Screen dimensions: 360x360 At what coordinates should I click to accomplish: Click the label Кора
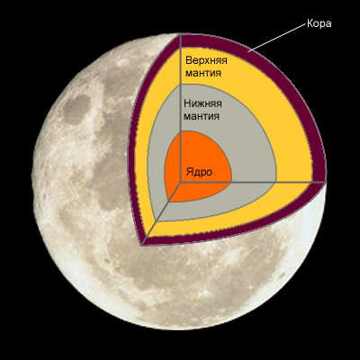click(x=319, y=23)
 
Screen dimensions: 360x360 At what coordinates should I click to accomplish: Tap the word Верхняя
click(x=206, y=60)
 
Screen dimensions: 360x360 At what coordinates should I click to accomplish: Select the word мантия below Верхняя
click(x=203, y=73)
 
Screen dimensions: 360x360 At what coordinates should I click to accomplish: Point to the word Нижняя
click(x=202, y=103)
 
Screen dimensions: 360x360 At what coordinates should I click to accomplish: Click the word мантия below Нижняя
click(x=202, y=116)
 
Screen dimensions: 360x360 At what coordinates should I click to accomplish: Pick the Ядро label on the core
click(x=199, y=172)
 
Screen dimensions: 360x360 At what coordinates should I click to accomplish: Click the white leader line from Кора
click(x=279, y=37)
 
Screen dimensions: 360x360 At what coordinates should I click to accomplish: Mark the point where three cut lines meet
click(x=180, y=182)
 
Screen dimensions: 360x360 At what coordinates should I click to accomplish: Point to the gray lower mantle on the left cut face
click(x=157, y=156)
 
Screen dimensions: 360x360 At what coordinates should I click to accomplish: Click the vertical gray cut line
click(x=180, y=108)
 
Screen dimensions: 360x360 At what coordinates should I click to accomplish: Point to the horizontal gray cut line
click(x=253, y=182)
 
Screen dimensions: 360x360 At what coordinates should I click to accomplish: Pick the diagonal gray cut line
click(x=161, y=213)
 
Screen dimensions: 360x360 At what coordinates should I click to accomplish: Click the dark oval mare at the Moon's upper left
click(x=76, y=107)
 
